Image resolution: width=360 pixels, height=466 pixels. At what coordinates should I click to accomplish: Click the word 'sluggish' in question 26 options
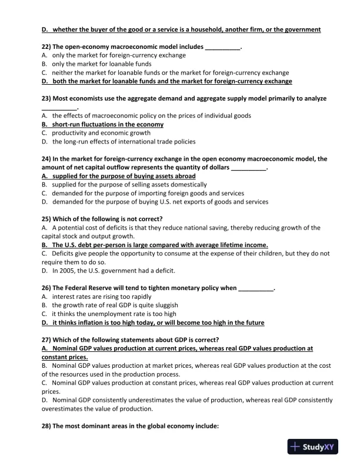165,305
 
